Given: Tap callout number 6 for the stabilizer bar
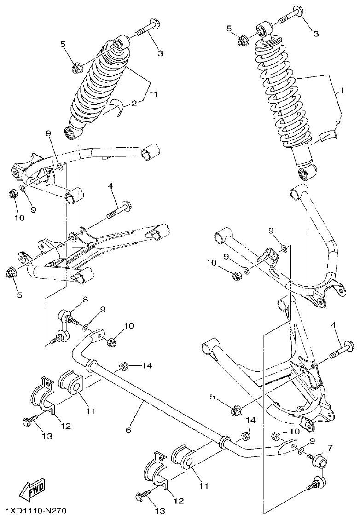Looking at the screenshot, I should (128, 430).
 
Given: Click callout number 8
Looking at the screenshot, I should (85, 300).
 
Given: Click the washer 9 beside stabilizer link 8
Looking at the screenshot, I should (86, 327).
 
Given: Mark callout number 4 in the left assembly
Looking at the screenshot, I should (110, 186).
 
